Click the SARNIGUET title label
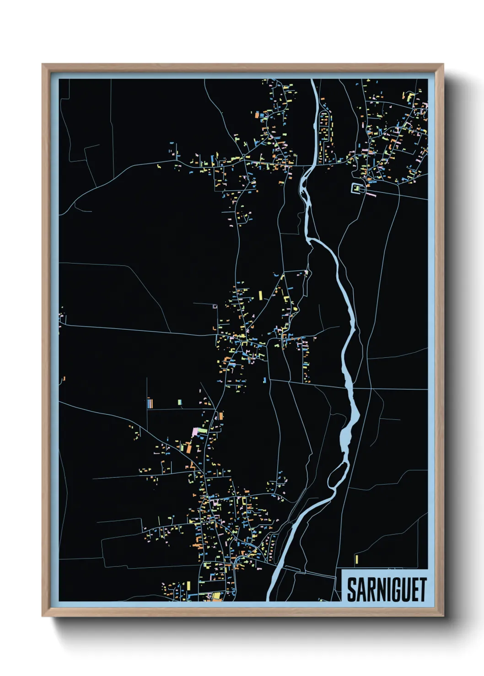coord(387,590)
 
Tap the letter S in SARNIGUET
coord(352,590)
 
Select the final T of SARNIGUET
coord(423,590)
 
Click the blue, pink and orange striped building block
coord(150,404)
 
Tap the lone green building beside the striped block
coord(180,402)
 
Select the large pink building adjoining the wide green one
coord(195,431)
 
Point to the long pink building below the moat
coord(371,195)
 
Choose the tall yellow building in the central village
coord(260,295)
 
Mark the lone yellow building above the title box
coord(356,559)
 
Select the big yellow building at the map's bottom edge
coord(216,596)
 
